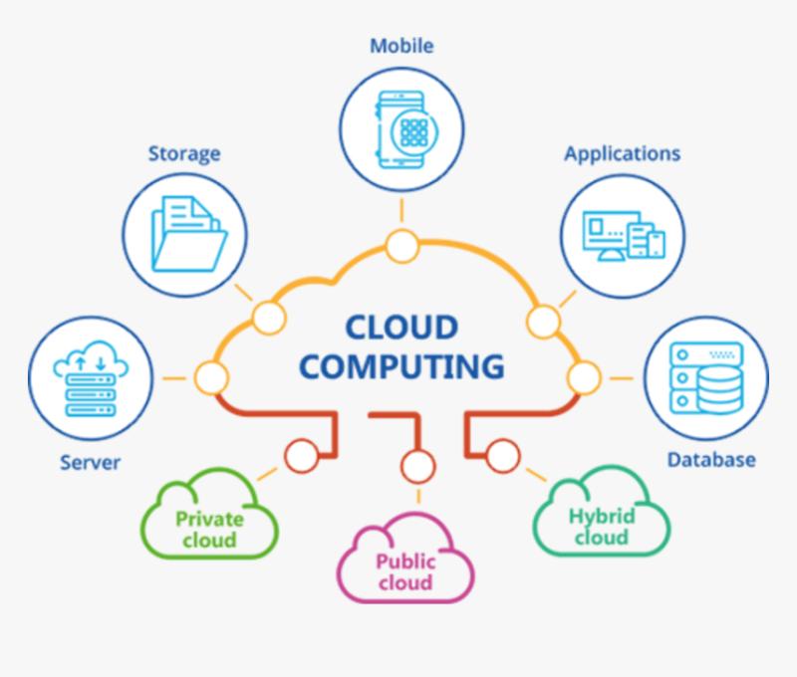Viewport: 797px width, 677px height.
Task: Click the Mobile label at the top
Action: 401,46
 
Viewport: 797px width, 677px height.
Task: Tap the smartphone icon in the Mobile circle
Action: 402,127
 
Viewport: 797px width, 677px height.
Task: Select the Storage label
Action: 184,153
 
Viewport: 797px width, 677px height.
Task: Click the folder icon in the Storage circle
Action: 186,235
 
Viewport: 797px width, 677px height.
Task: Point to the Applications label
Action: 622,153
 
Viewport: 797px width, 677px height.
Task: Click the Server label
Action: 90,463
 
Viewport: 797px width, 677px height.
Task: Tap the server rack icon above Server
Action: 90,377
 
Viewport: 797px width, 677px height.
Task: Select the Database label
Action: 710,459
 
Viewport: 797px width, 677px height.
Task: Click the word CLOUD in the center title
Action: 400,328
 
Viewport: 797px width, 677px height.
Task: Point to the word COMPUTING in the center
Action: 401,365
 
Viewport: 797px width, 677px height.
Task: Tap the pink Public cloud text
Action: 404,571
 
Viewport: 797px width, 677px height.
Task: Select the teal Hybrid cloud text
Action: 601,526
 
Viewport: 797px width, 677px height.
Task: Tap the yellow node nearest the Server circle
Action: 209,378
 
